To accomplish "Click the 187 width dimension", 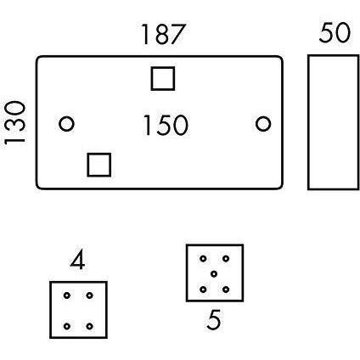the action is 164,35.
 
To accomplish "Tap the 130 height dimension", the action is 14,123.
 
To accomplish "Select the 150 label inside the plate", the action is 166,125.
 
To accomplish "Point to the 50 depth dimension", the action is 335,32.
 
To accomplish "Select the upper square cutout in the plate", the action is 163,68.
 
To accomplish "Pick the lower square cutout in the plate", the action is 99,155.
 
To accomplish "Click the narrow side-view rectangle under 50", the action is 309,122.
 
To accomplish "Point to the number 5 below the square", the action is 214,319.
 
